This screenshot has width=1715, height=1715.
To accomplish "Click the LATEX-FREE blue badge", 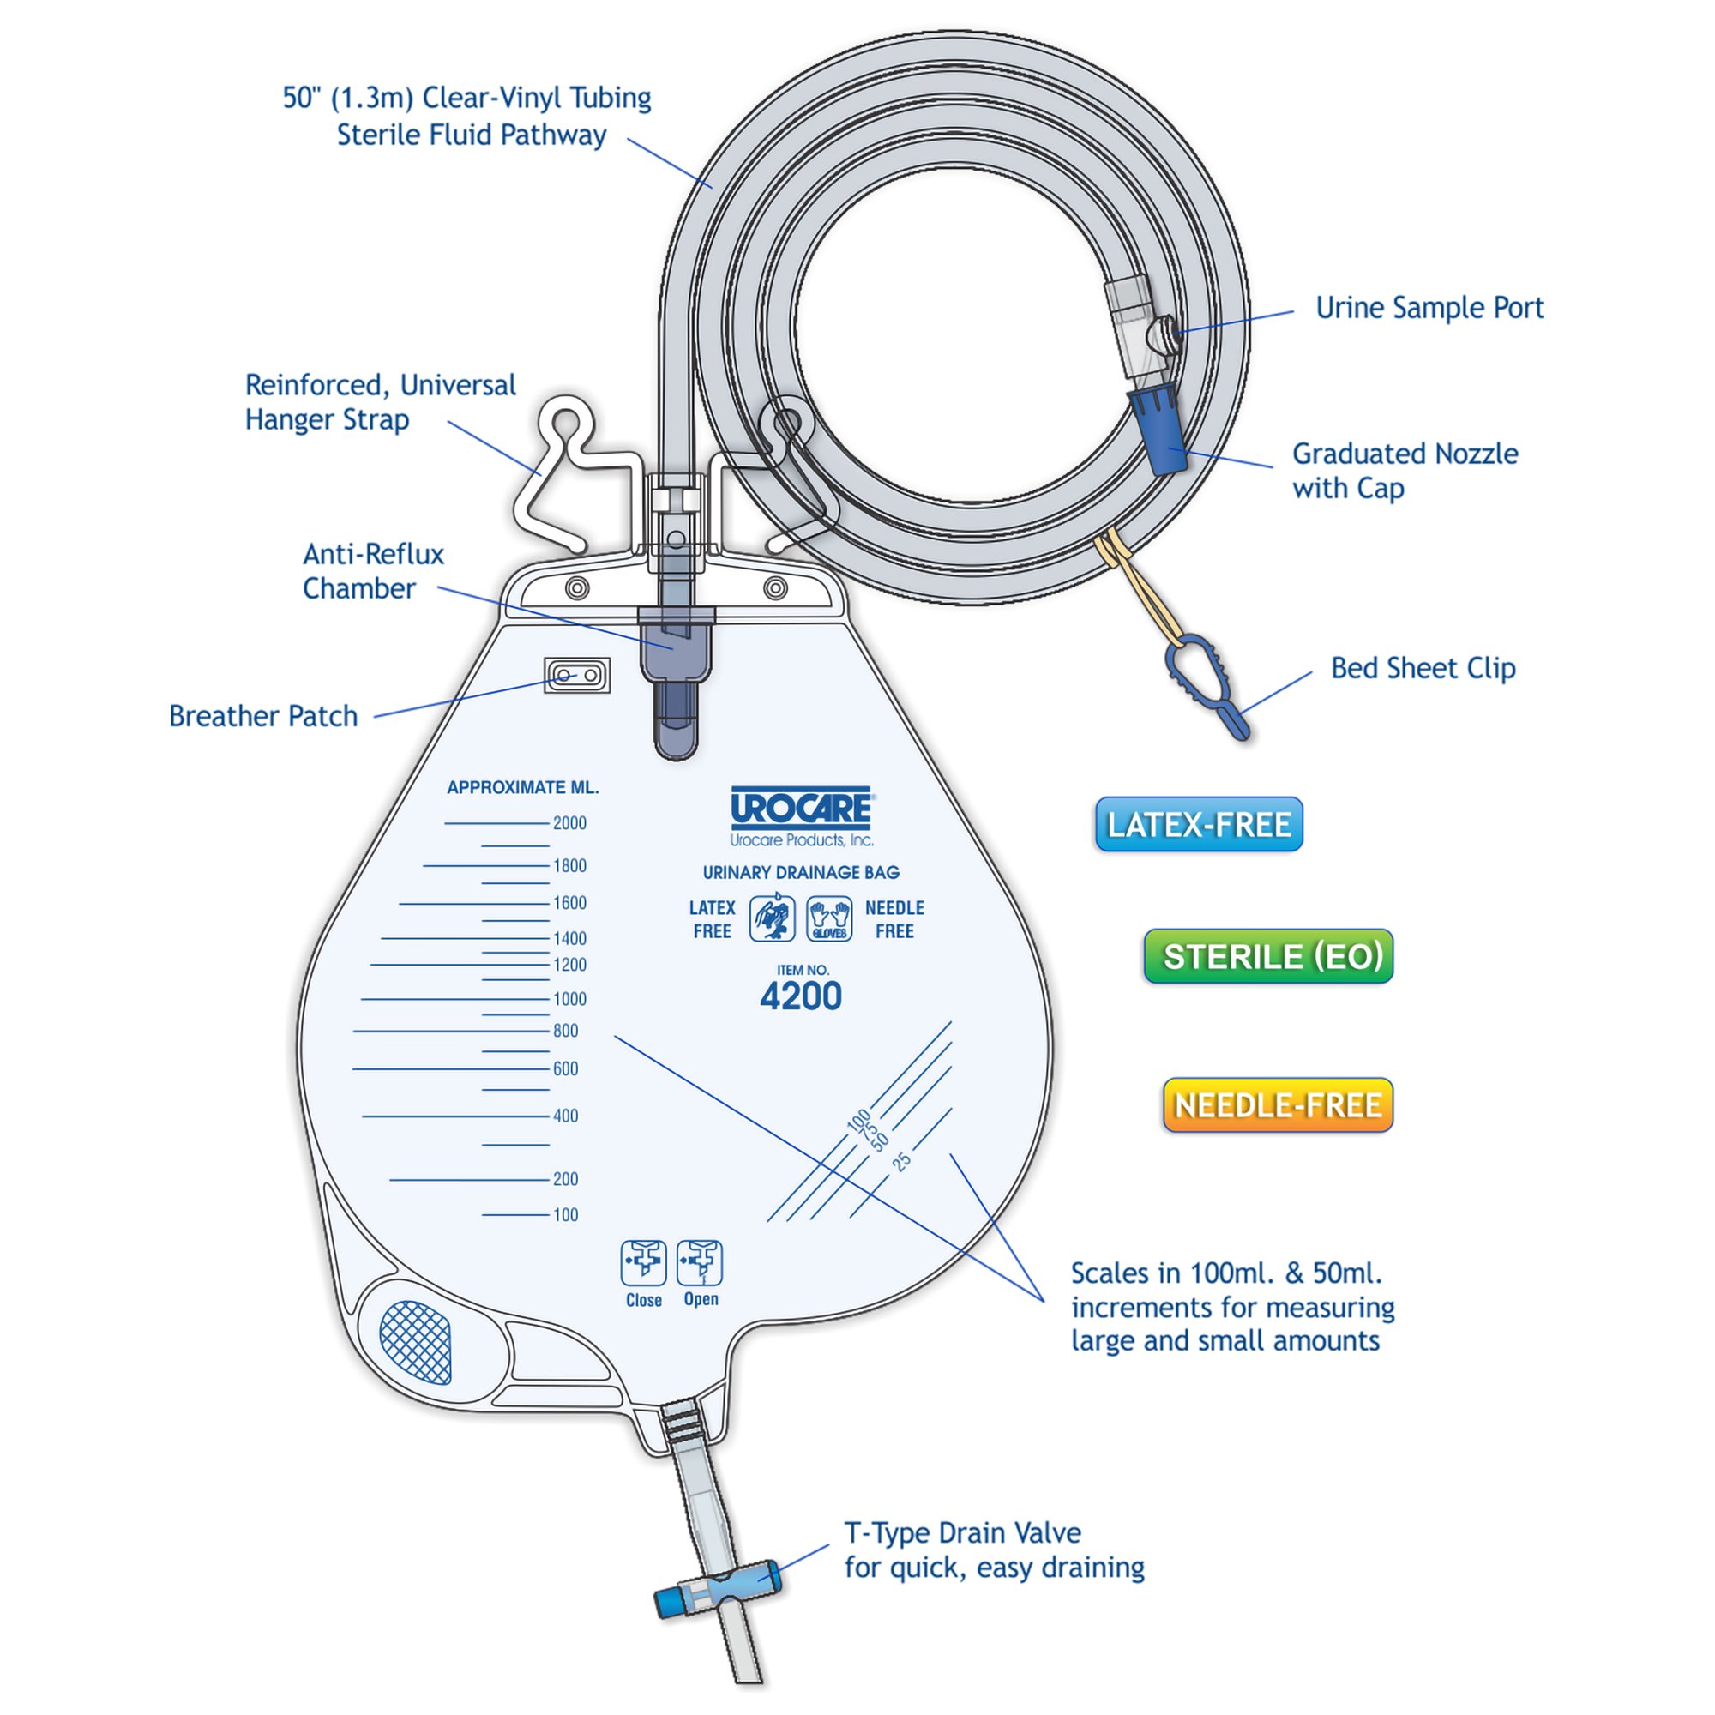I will pos(1199,825).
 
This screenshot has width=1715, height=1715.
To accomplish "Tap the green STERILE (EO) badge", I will pos(1268,956).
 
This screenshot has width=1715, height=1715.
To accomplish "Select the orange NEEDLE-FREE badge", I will pos(1278,1105).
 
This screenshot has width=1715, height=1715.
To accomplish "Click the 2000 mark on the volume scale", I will pos(569,823).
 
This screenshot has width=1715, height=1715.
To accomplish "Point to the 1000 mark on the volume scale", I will pos(569,999).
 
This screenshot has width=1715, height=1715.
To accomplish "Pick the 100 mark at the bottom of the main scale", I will pos(565,1214).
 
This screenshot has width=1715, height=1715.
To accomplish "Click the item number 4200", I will pos(801,996).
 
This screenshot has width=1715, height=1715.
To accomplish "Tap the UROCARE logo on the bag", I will pos(801,808).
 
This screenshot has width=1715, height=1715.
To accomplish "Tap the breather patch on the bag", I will pos(577,676).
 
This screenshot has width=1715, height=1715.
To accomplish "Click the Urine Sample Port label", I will pos(1429,308).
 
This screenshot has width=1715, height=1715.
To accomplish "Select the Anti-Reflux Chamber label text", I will pos(372,571).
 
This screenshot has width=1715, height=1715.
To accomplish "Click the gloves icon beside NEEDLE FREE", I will pos(829,918).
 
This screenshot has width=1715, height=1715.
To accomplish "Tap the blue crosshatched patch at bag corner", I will pos(415,1341).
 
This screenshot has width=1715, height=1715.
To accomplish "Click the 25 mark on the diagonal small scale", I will pos(902,1161).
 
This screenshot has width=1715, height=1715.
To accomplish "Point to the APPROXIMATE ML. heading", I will pos(523,787).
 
